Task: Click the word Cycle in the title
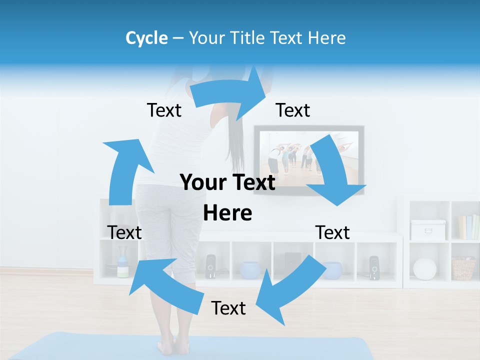point(146,38)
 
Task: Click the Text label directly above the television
point(293,110)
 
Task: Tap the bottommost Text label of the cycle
point(228,308)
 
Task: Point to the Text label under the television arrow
point(332,232)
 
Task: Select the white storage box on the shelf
point(427,229)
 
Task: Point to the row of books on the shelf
point(468,227)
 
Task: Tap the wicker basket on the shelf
point(463,268)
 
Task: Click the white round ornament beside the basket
point(425,268)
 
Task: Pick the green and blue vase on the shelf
point(122,266)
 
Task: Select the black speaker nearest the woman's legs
point(210,266)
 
